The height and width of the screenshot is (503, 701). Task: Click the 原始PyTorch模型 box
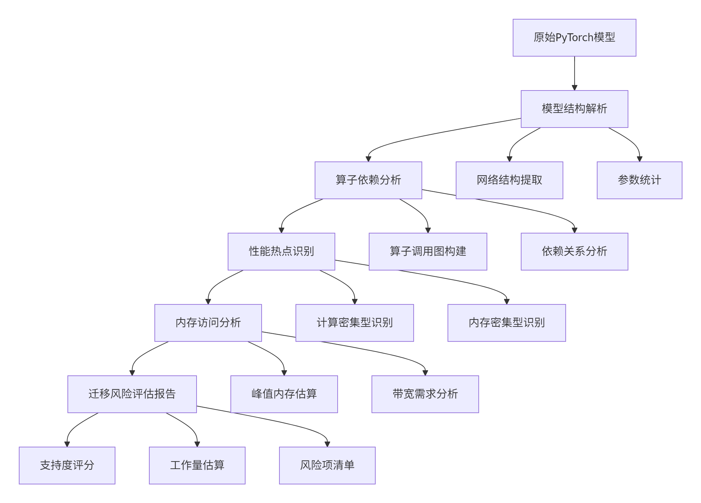point(574,38)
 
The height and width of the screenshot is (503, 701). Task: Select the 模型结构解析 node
point(574,109)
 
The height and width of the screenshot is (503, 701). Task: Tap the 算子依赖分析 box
point(368,180)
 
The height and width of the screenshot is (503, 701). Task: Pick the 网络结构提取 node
point(509,180)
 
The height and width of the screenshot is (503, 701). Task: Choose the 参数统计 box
point(639,180)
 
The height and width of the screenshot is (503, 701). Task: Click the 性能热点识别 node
point(281,252)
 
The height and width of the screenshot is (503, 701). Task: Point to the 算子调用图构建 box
point(428,252)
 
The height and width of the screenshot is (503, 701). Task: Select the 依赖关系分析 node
point(574,252)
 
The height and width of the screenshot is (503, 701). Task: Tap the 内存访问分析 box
point(208,323)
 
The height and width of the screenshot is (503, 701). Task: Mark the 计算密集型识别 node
point(354,323)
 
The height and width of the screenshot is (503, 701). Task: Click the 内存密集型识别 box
point(506,323)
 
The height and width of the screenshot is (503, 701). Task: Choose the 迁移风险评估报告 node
point(132,394)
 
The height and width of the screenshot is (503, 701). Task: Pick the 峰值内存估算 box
point(284,394)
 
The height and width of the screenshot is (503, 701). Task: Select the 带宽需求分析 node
point(425,394)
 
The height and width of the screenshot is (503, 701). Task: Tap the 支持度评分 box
point(67,466)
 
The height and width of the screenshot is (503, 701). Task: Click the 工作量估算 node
point(197,466)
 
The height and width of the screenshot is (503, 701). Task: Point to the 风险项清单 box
point(327,466)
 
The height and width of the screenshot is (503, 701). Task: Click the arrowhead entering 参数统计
point(639,159)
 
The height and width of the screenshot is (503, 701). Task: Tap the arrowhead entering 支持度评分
point(67,444)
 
